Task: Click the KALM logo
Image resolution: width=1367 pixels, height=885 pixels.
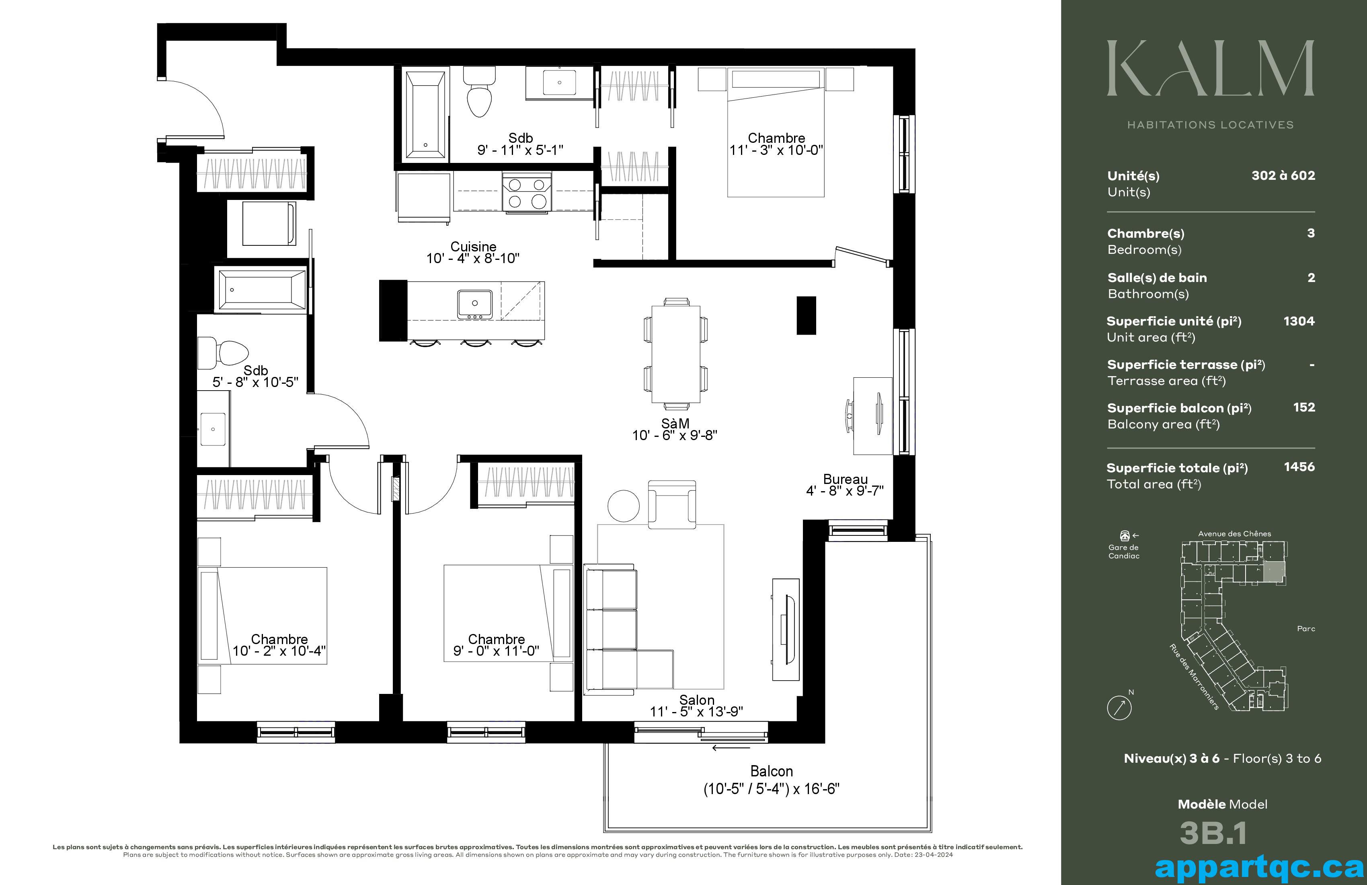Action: click(x=1210, y=68)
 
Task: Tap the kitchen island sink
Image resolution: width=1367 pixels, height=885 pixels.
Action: click(x=474, y=303)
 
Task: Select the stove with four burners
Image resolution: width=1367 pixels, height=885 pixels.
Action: click(x=527, y=193)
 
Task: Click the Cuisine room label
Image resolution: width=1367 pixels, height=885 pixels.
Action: click(x=473, y=247)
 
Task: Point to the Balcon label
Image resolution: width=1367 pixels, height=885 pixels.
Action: click(x=772, y=771)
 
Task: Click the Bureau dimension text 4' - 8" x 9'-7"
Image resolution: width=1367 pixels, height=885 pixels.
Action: click(x=845, y=491)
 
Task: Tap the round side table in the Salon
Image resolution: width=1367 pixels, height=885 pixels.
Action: click(x=624, y=506)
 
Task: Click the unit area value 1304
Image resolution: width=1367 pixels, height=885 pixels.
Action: click(x=1299, y=321)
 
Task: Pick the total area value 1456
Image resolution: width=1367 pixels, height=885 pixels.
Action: click(x=1299, y=467)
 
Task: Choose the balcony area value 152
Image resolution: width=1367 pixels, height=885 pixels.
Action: click(x=1304, y=408)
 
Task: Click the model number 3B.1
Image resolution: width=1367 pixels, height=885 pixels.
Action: click(x=1213, y=833)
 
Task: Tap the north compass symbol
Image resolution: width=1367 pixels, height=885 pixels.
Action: click(x=1119, y=707)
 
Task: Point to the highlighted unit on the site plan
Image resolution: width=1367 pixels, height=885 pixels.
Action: click(x=1274, y=574)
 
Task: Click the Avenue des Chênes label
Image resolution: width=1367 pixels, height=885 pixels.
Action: click(x=1234, y=534)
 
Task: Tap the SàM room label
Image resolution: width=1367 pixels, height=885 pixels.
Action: click(x=675, y=423)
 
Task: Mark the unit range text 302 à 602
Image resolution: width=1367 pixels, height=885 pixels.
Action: click(x=1283, y=176)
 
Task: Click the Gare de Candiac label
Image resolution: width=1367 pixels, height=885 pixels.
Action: click(x=1123, y=552)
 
